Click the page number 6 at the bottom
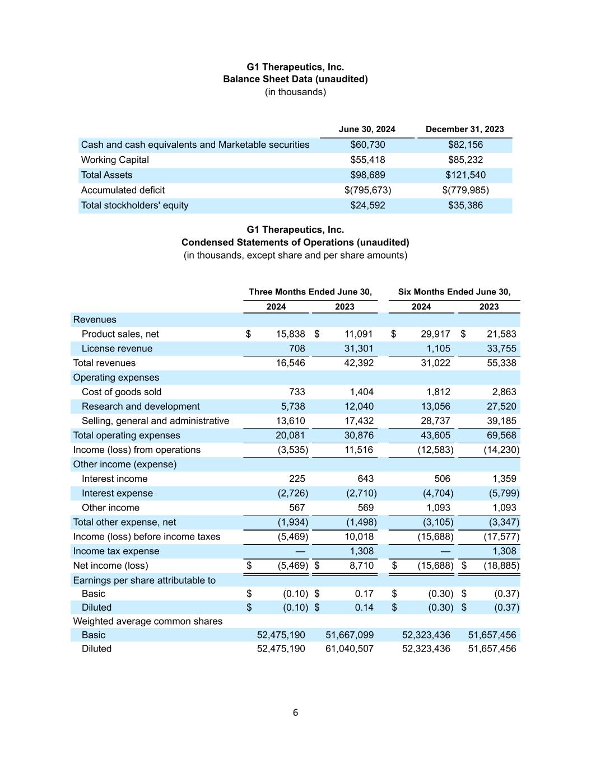point(295,713)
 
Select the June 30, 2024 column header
point(367,129)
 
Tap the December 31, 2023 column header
point(464,129)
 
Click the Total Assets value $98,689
point(367,175)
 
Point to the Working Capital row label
point(115,160)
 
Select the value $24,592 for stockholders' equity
point(367,205)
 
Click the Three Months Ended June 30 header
point(310,292)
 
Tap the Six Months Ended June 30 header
point(454,292)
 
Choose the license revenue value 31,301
point(359,349)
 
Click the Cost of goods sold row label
point(122,392)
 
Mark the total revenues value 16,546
point(290,363)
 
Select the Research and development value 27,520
point(501,407)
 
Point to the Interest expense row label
point(117,494)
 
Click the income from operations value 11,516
point(359,450)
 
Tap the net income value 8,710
point(361,566)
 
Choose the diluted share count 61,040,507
point(350,649)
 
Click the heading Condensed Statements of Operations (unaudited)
point(295,242)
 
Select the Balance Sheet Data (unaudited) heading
point(295,79)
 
